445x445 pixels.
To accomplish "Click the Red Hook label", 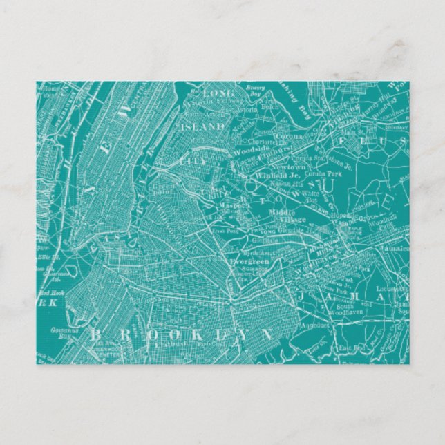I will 46,293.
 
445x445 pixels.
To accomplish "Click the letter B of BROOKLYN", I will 95,334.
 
